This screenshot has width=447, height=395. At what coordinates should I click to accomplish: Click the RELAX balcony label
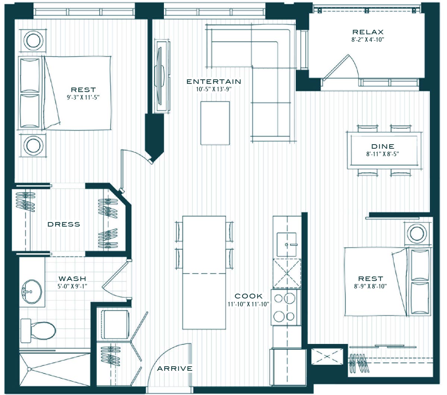[x=368, y=32]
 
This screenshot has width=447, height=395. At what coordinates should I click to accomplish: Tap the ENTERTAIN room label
[x=214, y=82]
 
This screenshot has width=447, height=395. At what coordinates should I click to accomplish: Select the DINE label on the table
[x=383, y=146]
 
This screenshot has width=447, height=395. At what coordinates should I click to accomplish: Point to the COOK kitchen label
[x=248, y=296]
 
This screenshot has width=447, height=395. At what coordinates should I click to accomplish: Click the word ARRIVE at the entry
[x=175, y=369]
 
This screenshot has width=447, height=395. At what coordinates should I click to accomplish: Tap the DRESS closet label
[x=64, y=224]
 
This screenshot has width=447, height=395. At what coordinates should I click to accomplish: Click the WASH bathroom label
[x=72, y=279]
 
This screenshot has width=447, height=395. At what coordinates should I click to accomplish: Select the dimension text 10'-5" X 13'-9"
[x=214, y=89]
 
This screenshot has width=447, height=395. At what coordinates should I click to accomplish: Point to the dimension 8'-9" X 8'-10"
[x=370, y=286]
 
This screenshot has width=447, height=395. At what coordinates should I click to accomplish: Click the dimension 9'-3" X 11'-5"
[x=83, y=97]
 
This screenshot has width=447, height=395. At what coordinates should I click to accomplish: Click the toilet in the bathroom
[x=38, y=331]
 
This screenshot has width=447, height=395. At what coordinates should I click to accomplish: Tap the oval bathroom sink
[x=32, y=291]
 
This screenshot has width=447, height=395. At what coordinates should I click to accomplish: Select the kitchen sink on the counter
[x=286, y=244]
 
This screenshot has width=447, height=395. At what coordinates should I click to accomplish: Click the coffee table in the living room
[x=215, y=123]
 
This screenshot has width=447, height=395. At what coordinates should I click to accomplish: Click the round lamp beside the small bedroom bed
[x=417, y=234]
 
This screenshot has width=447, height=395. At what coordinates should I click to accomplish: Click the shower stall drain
[x=29, y=369]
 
